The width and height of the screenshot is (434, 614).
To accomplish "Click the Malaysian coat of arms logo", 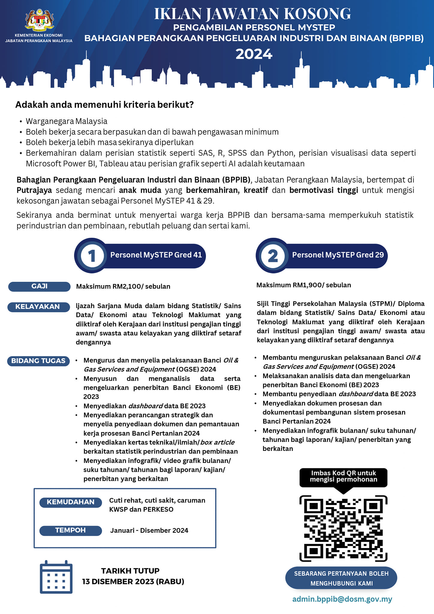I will point(39,20).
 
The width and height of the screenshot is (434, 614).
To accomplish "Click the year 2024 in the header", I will point(254,54).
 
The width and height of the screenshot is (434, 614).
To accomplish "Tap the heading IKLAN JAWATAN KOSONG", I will point(252,14).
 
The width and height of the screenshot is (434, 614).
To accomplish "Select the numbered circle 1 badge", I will point(92,255).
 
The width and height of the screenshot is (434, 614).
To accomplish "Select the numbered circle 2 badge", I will point(273,255).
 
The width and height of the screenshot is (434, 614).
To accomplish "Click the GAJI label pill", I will point(39,286).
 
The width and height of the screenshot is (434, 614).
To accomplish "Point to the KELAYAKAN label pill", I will point(38,307).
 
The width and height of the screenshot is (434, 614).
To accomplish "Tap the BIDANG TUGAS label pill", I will point(38,361).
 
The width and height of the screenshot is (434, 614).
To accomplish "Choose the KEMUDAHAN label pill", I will point(70,502).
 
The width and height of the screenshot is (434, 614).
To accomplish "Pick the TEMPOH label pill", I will point(70,530).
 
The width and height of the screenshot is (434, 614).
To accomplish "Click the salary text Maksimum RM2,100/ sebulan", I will point(123,286).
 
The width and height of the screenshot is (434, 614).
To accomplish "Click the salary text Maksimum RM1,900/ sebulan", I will point(304,285).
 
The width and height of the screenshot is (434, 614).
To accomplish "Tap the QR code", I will point(343,529).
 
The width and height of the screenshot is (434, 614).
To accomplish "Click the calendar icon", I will point(56,577).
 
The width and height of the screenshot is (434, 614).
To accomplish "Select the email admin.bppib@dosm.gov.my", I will point(342,599).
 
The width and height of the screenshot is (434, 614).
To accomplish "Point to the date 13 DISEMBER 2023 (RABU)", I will point(133,582).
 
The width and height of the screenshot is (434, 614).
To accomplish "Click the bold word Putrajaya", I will point(34,190).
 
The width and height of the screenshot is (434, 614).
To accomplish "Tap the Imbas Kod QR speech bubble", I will point(343,476).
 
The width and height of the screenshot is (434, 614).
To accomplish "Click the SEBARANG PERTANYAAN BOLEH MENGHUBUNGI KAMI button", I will point(341,578).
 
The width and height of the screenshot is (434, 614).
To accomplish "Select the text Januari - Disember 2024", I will point(149,530).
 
